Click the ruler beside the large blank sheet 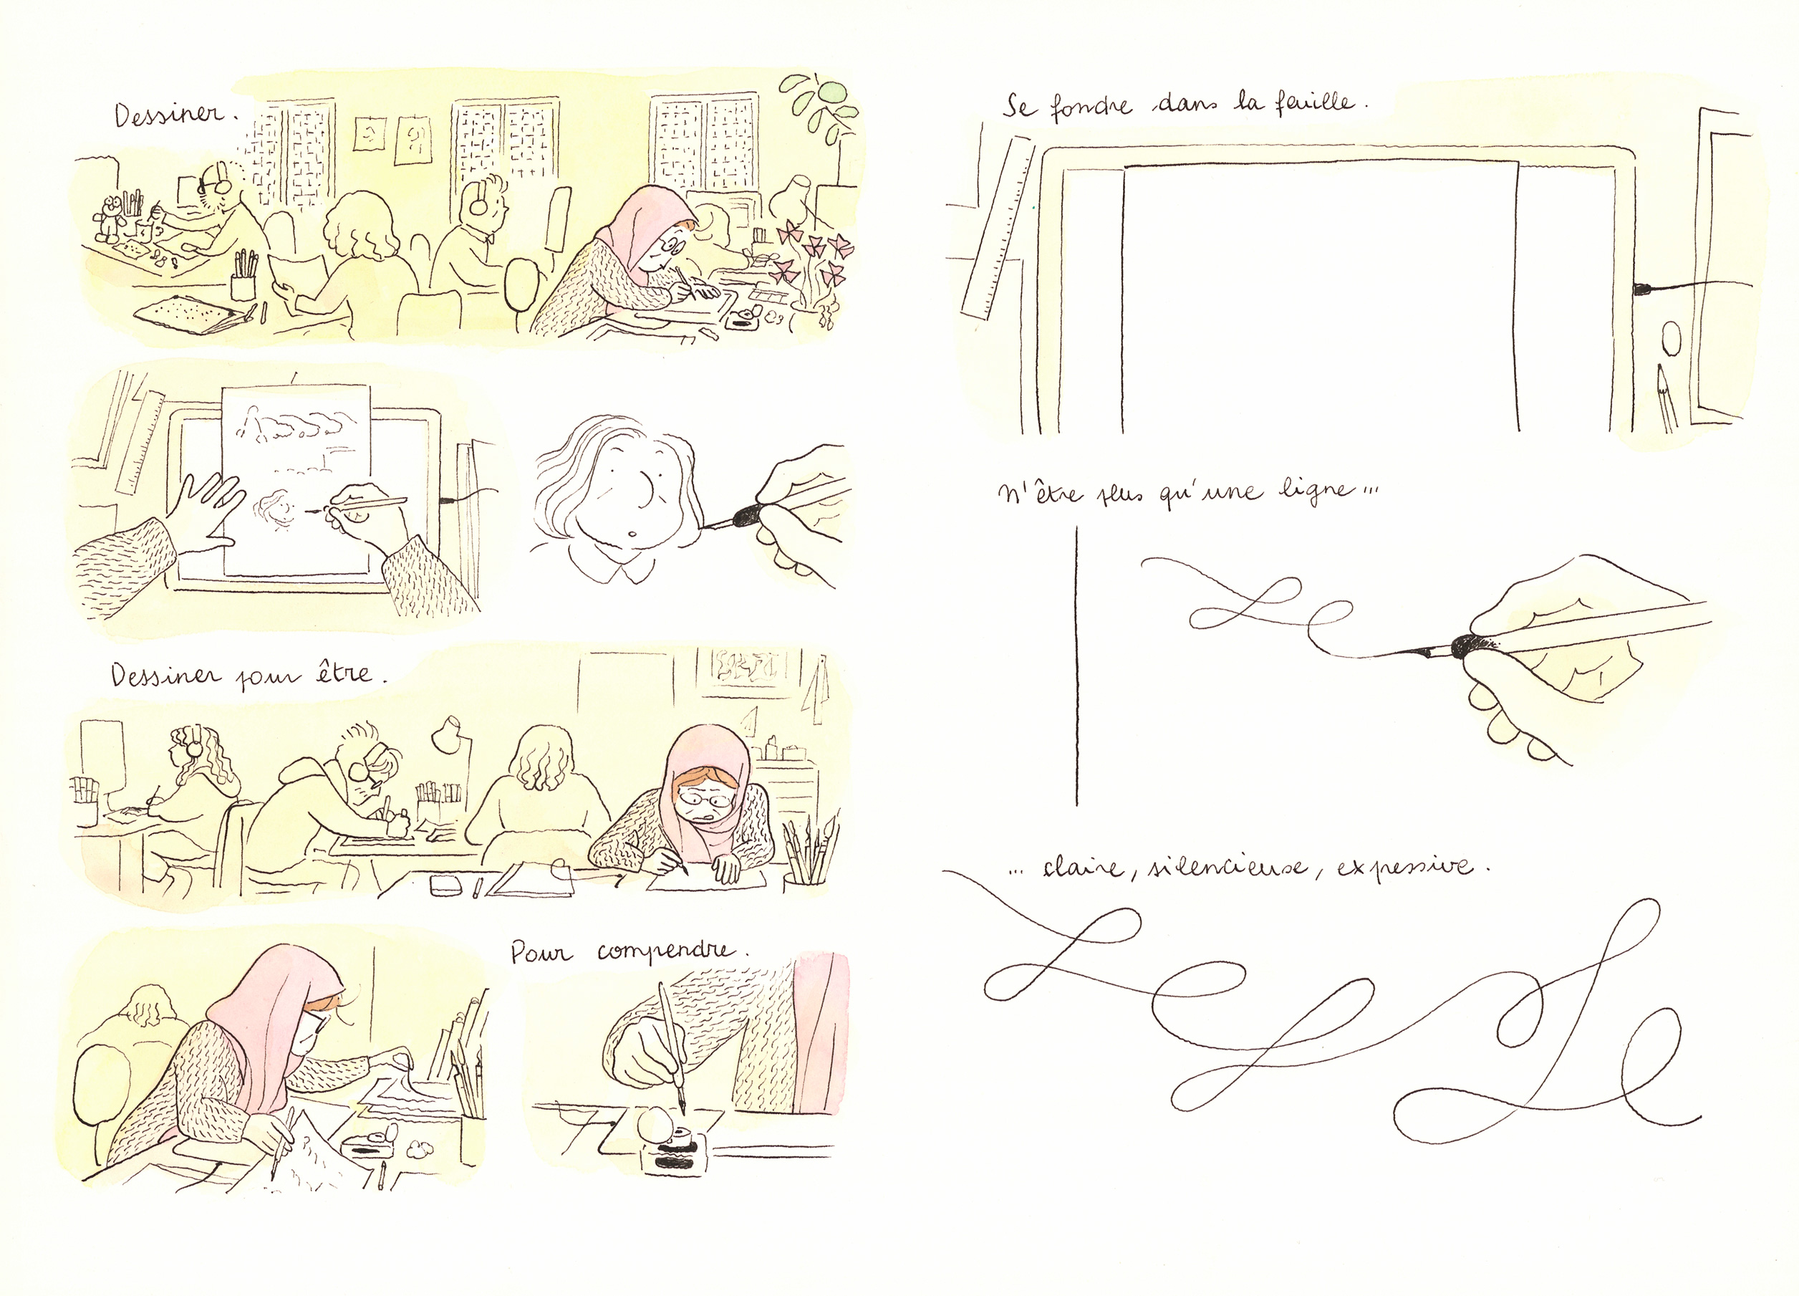(998, 227)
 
